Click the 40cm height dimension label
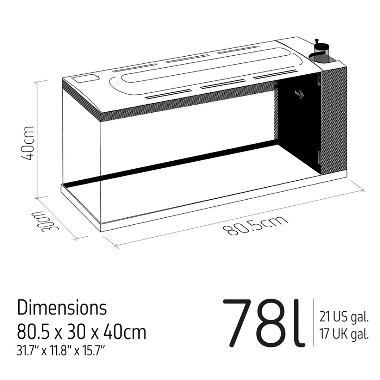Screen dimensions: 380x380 (x=28, y=143)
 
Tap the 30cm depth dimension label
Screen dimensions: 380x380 (x=46, y=222)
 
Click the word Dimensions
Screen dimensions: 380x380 (x=62, y=308)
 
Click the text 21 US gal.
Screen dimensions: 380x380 (x=344, y=317)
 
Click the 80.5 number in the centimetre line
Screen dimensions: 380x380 (x=33, y=332)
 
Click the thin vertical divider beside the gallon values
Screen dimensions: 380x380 (x=313, y=322)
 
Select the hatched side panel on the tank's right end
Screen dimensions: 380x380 (x=334, y=120)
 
